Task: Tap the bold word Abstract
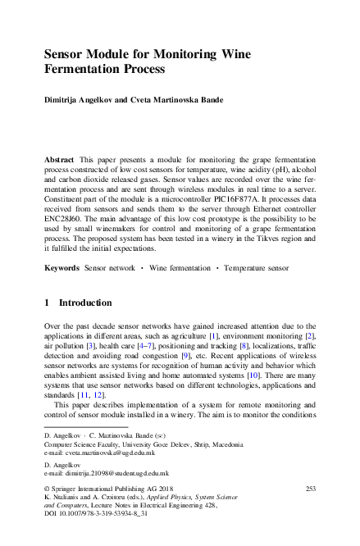pos(60,157)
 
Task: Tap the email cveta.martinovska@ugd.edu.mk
pos(107,453)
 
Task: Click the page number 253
pos(310,489)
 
